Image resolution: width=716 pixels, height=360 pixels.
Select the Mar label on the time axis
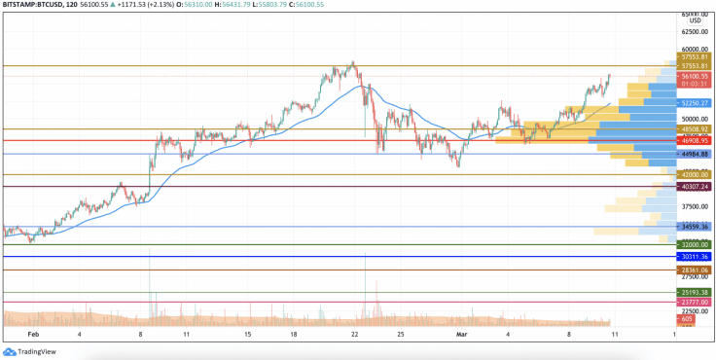[463, 333]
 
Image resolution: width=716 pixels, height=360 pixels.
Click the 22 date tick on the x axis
[355, 333]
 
